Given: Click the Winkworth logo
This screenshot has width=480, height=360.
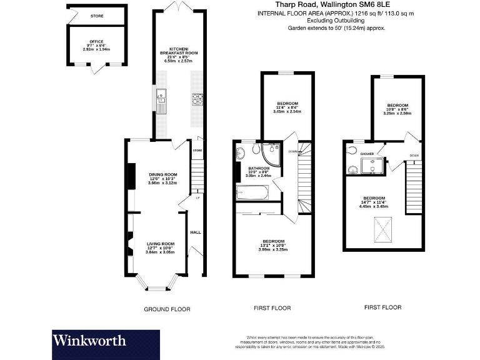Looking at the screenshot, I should point(89,341).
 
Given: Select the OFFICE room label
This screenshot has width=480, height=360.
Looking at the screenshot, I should point(96,42).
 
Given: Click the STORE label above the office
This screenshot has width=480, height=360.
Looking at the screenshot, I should point(96,16).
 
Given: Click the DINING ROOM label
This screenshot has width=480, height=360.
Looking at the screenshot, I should point(159,174).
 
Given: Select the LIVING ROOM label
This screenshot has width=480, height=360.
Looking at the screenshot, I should point(160,243).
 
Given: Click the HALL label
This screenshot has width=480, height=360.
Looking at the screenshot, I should point(194,232).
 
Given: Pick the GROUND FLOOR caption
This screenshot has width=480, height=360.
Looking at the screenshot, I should point(167,309).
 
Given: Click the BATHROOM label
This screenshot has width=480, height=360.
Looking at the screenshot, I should point(259,168).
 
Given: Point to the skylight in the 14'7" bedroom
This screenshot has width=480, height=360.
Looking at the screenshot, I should point(379,231).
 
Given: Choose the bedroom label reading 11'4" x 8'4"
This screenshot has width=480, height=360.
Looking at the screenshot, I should point(288,103).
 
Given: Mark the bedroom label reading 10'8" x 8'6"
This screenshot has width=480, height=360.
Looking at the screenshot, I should point(397,105).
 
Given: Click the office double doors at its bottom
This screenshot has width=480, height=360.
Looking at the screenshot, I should point(96,69).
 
